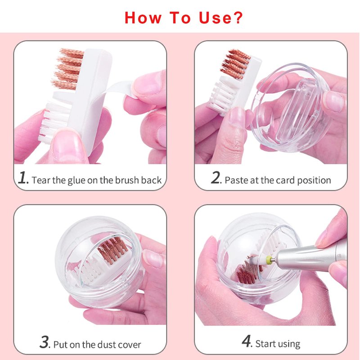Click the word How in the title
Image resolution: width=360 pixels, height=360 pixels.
[x=143, y=18]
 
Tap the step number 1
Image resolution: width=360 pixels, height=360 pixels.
[x=23, y=178]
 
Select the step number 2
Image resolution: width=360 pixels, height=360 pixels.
[x=216, y=178]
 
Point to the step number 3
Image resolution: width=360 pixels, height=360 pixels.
[x=45, y=342]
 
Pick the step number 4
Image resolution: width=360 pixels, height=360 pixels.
[x=247, y=341]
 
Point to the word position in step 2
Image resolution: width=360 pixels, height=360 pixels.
[x=314, y=180]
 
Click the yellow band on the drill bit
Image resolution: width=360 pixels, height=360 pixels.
[x=268, y=260]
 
